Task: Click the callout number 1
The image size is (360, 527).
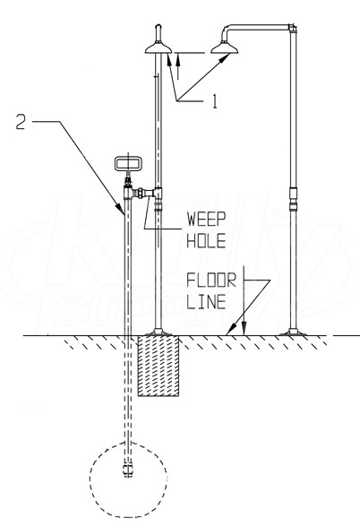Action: [215, 101]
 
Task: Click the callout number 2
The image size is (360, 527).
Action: [21, 122]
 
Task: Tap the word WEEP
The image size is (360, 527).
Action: [206, 219]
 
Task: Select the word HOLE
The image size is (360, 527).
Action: [206, 241]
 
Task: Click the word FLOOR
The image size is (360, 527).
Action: [211, 281]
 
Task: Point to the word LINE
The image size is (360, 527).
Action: [206, 302]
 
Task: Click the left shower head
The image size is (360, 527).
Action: [159, 48]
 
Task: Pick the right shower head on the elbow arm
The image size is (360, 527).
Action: [224, 48]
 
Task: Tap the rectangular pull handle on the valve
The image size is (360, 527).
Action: [128, 163]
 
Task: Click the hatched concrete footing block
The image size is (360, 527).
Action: [159, 366]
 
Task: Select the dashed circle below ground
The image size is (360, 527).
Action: [128, 479]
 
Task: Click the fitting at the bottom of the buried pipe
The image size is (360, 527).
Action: [127, 470]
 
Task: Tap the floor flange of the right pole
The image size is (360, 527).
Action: [293, 333]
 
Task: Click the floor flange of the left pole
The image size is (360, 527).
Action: [159, 332]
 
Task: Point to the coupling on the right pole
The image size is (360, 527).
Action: [293, 199]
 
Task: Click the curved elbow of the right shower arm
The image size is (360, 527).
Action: [226, 30]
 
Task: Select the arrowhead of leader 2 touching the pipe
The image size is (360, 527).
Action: [121, 209]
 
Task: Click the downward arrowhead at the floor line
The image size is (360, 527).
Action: [244, 329]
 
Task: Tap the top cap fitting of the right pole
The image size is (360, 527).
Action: [293, 28]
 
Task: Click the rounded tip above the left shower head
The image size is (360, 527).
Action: [159, 27]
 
